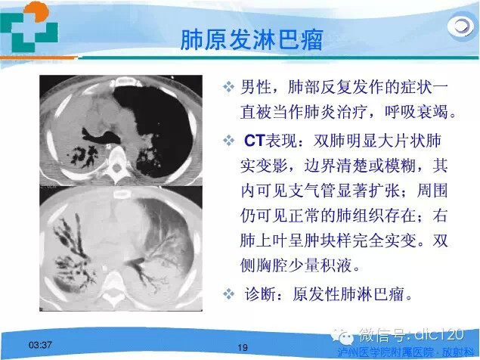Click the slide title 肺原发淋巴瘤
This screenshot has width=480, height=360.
tap(251, 39)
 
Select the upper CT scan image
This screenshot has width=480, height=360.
tap(126, 131)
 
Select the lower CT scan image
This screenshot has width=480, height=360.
tap(126, 249)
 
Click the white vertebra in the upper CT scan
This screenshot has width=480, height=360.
tap(122, 160)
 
